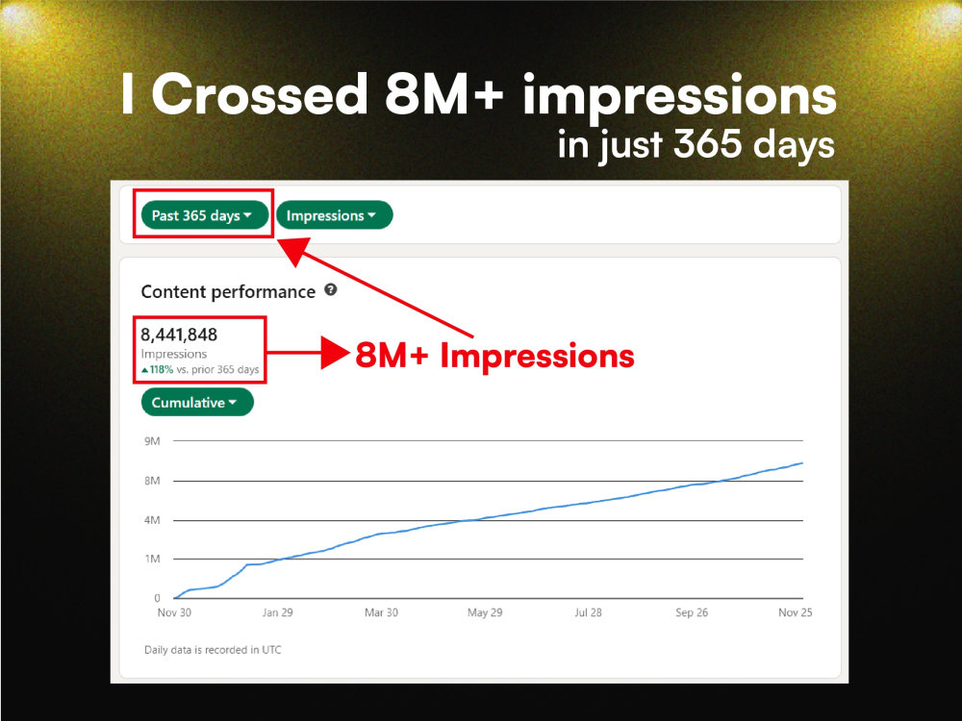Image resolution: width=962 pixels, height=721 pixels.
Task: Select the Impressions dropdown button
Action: tap(334, 215)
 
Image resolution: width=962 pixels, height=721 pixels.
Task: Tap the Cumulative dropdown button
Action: tap(197, 403)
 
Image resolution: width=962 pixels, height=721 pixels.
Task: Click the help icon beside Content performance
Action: tap(331, 289)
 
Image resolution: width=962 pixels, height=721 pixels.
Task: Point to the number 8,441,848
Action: tap(179, 335)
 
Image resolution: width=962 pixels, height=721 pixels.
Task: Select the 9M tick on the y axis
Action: tap(151, 441)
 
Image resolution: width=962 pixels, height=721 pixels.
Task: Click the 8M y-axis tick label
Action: tap(151, 481)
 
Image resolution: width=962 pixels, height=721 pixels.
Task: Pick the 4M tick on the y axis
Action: tap(151, 520)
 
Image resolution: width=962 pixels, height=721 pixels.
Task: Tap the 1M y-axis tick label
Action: tap(151, 559)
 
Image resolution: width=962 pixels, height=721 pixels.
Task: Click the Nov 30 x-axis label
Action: tap(173, 612)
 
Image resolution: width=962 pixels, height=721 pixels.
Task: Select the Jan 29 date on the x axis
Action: tap(277, 612)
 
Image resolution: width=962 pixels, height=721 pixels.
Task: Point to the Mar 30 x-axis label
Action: tap(381, 612)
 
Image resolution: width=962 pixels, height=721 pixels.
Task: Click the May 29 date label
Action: tap(484, 612)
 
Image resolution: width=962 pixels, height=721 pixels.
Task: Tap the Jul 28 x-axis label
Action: tap(588, 612)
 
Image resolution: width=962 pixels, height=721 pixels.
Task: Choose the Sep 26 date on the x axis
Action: tap(692, 612)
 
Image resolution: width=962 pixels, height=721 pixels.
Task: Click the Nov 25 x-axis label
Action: tap(794, 612)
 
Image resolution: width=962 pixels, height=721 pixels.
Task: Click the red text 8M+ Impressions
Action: tap(494, 356)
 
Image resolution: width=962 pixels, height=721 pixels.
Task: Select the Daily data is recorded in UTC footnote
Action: tap(213, 650)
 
